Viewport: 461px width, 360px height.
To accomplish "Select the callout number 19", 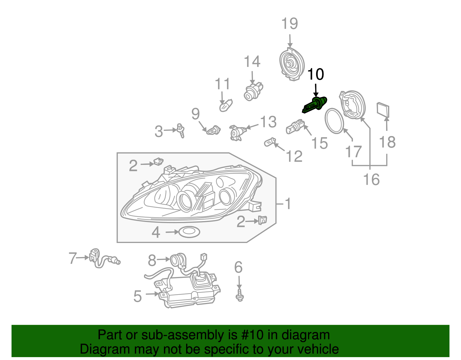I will (290, 24).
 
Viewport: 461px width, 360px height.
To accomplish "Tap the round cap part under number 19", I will (292, 64).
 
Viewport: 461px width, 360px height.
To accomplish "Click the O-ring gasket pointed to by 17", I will (335, 121).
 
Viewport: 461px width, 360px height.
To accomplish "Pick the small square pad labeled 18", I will (383, 110).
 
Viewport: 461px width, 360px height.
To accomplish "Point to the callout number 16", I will (371, 180).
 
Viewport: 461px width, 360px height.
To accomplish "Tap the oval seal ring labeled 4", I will (189, 232).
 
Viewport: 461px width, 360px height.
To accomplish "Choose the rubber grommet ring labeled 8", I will (176, 260).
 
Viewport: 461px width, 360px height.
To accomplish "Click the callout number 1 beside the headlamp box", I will (288, 203).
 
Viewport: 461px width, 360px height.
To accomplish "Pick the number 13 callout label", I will (268, 122).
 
